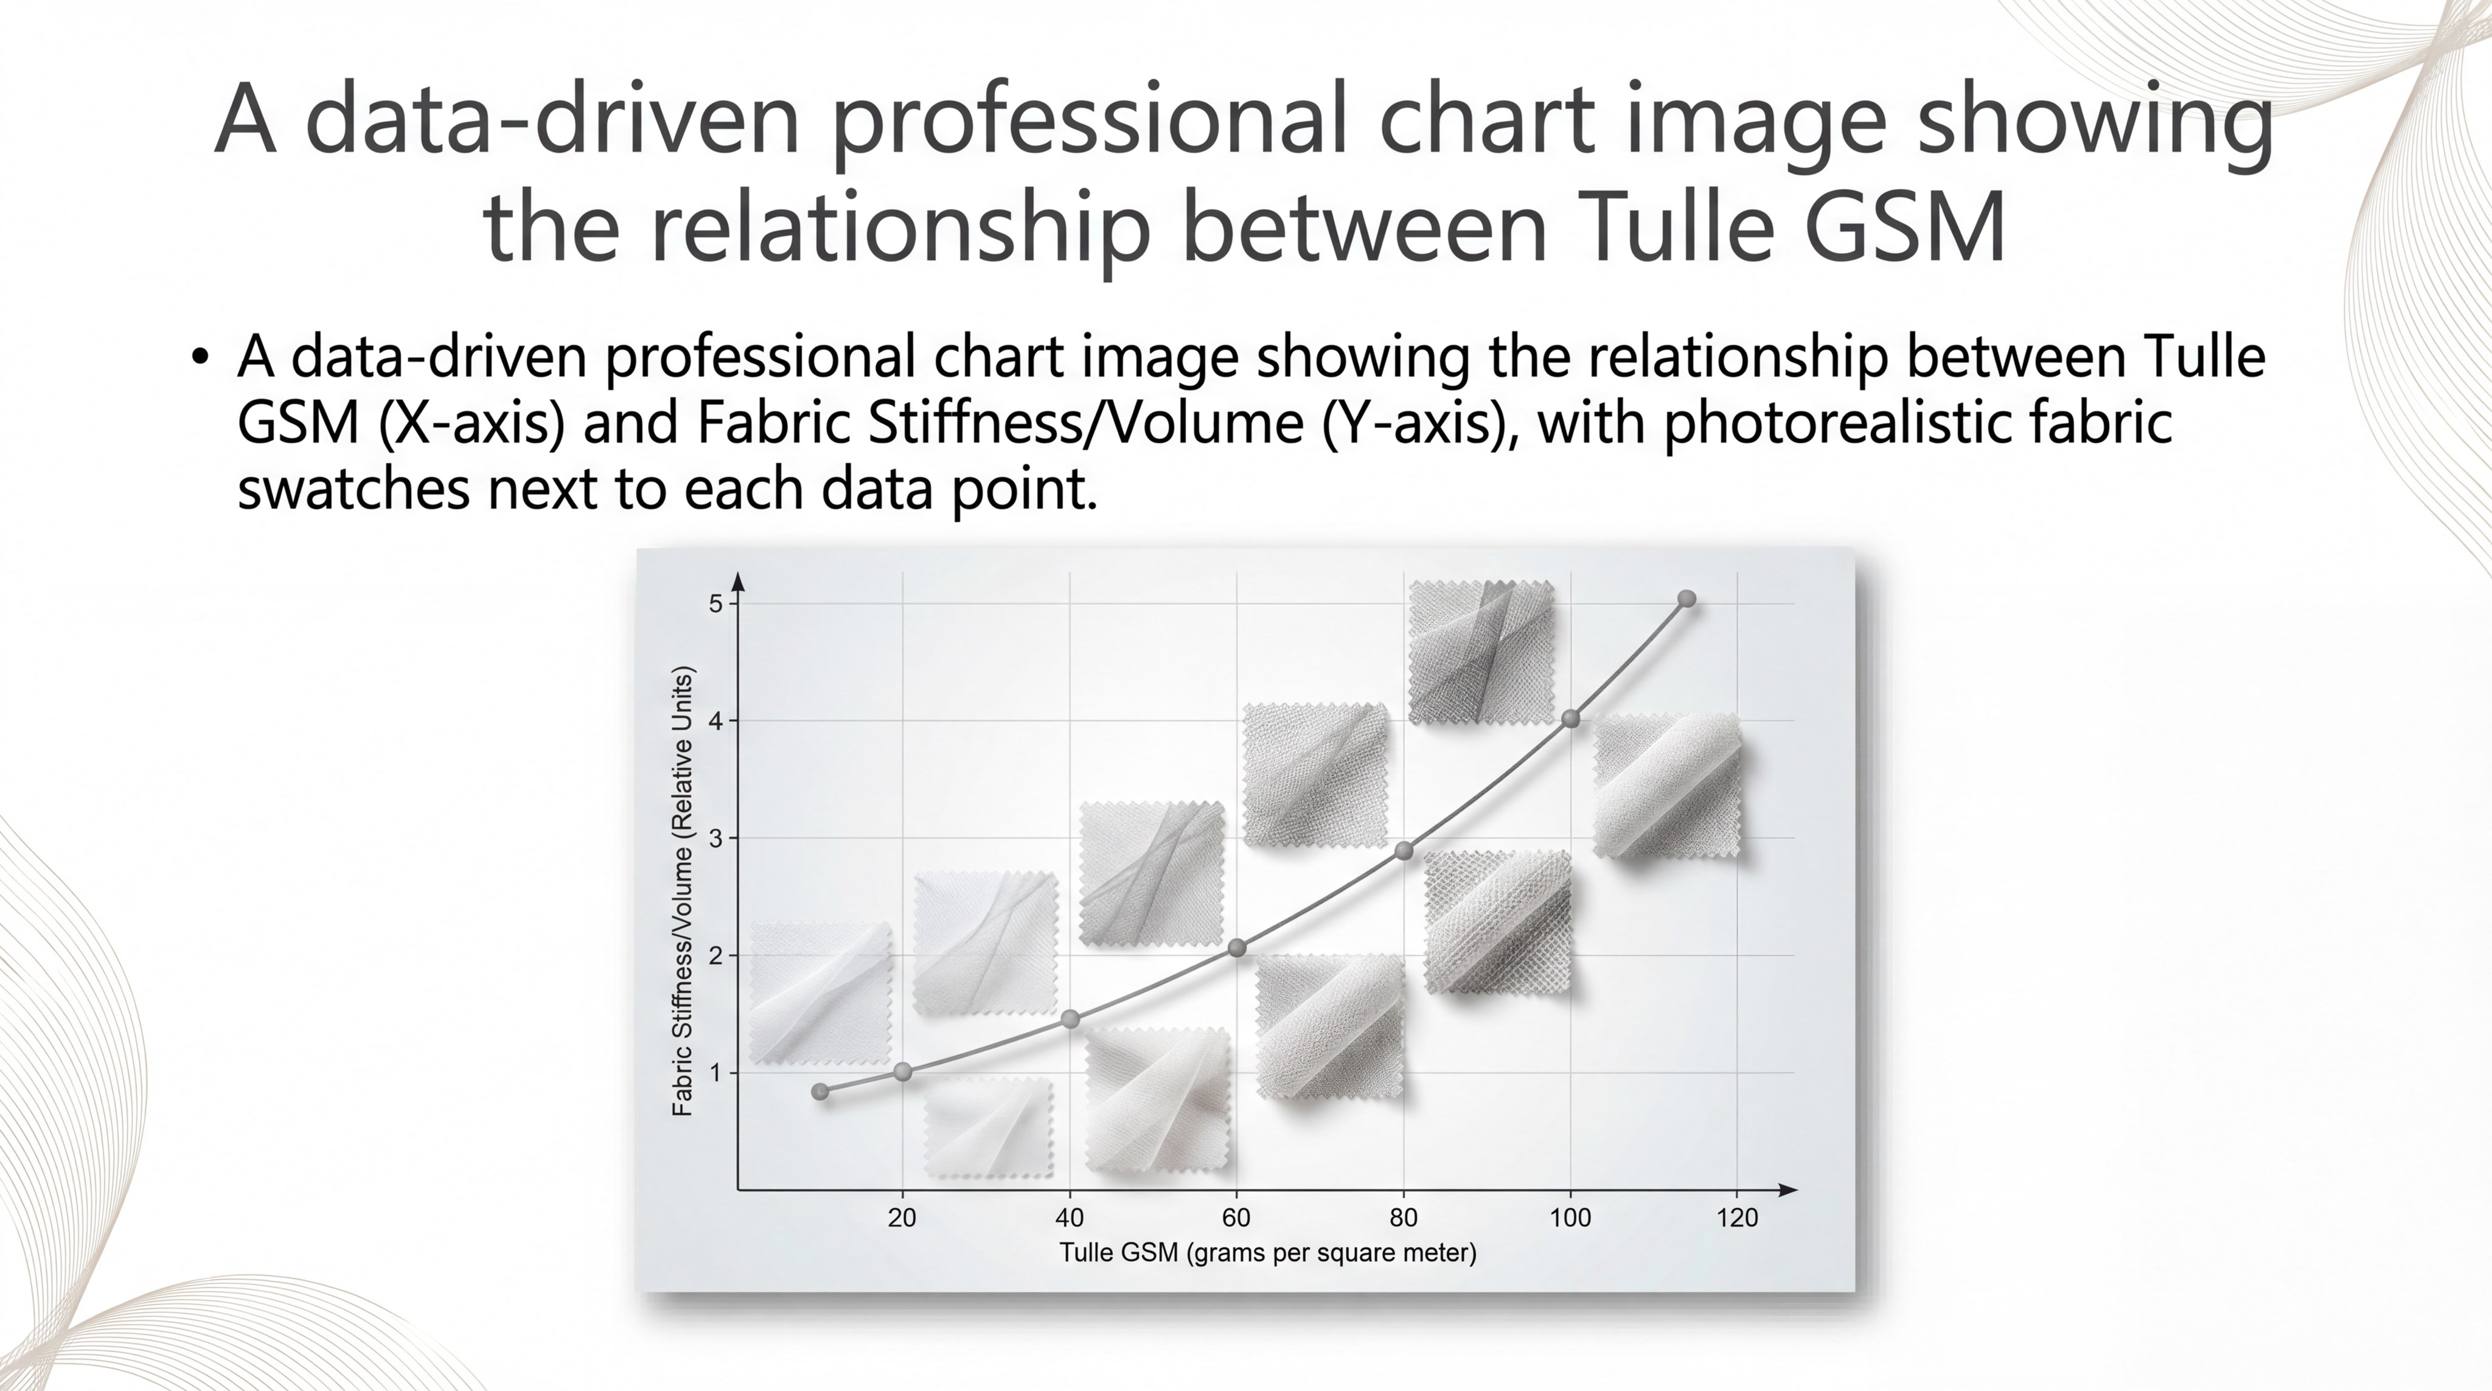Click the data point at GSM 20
pyautogui.click(x=903, y=1072)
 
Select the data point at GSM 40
pyautogui.click(x=1070, y=1019)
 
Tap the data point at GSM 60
pyautogui.click(x=1236, y=948)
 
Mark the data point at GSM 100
pyautogui.click(x=1571, y=719)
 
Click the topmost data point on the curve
pyautogui.click(x=1686, y=599)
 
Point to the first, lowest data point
pyautogui.click(x=820, y=1091)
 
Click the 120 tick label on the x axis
pyautogui.click(x=1738, y=1218)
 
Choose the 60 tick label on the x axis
pyautogui.click(x=1236, y=1218)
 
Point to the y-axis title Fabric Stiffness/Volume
pyautogui.click(x=683, y=891)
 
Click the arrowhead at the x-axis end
pyautogui.click(x=1789, y=1189)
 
